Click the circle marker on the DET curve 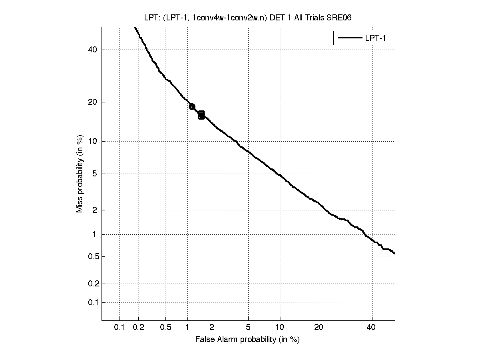coord(192,106)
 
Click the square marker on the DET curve coord(201,115)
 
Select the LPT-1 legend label coord(377,38)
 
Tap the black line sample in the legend coord(350,38)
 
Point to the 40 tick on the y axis coord(93,50)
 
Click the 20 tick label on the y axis coord(93,102)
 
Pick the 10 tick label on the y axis coord(93,141)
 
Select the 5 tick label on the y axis coord(95,174)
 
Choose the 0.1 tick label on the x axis coord(120,328)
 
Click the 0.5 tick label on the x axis coord(166,328)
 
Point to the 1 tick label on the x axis coord(187,328)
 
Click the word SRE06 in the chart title coord(339,18)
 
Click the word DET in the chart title coord(277,18)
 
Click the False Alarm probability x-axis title coord(247,340)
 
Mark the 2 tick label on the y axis coord(95,210)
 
